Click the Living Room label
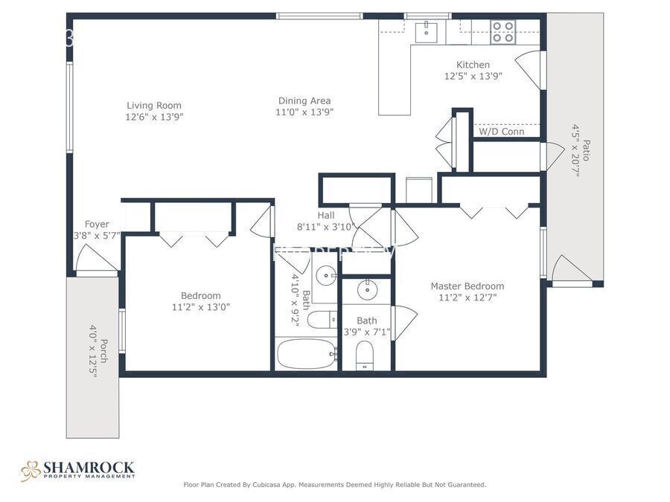click(154, 106)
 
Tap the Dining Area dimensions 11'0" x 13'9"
click(304, 112)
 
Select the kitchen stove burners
click(503, 32)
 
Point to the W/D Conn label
click(501, 132)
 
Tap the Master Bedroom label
click(467, 286)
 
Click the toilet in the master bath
click(365, 356)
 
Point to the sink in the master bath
click(367, 289)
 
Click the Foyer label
click(97, 224)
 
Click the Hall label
click(326, 216)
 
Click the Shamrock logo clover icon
click(30, 470)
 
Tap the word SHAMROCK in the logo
click(89, 467)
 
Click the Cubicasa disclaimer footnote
click(334, 485)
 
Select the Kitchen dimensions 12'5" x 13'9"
click(473, 76)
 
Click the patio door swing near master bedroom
click(569, 269)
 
